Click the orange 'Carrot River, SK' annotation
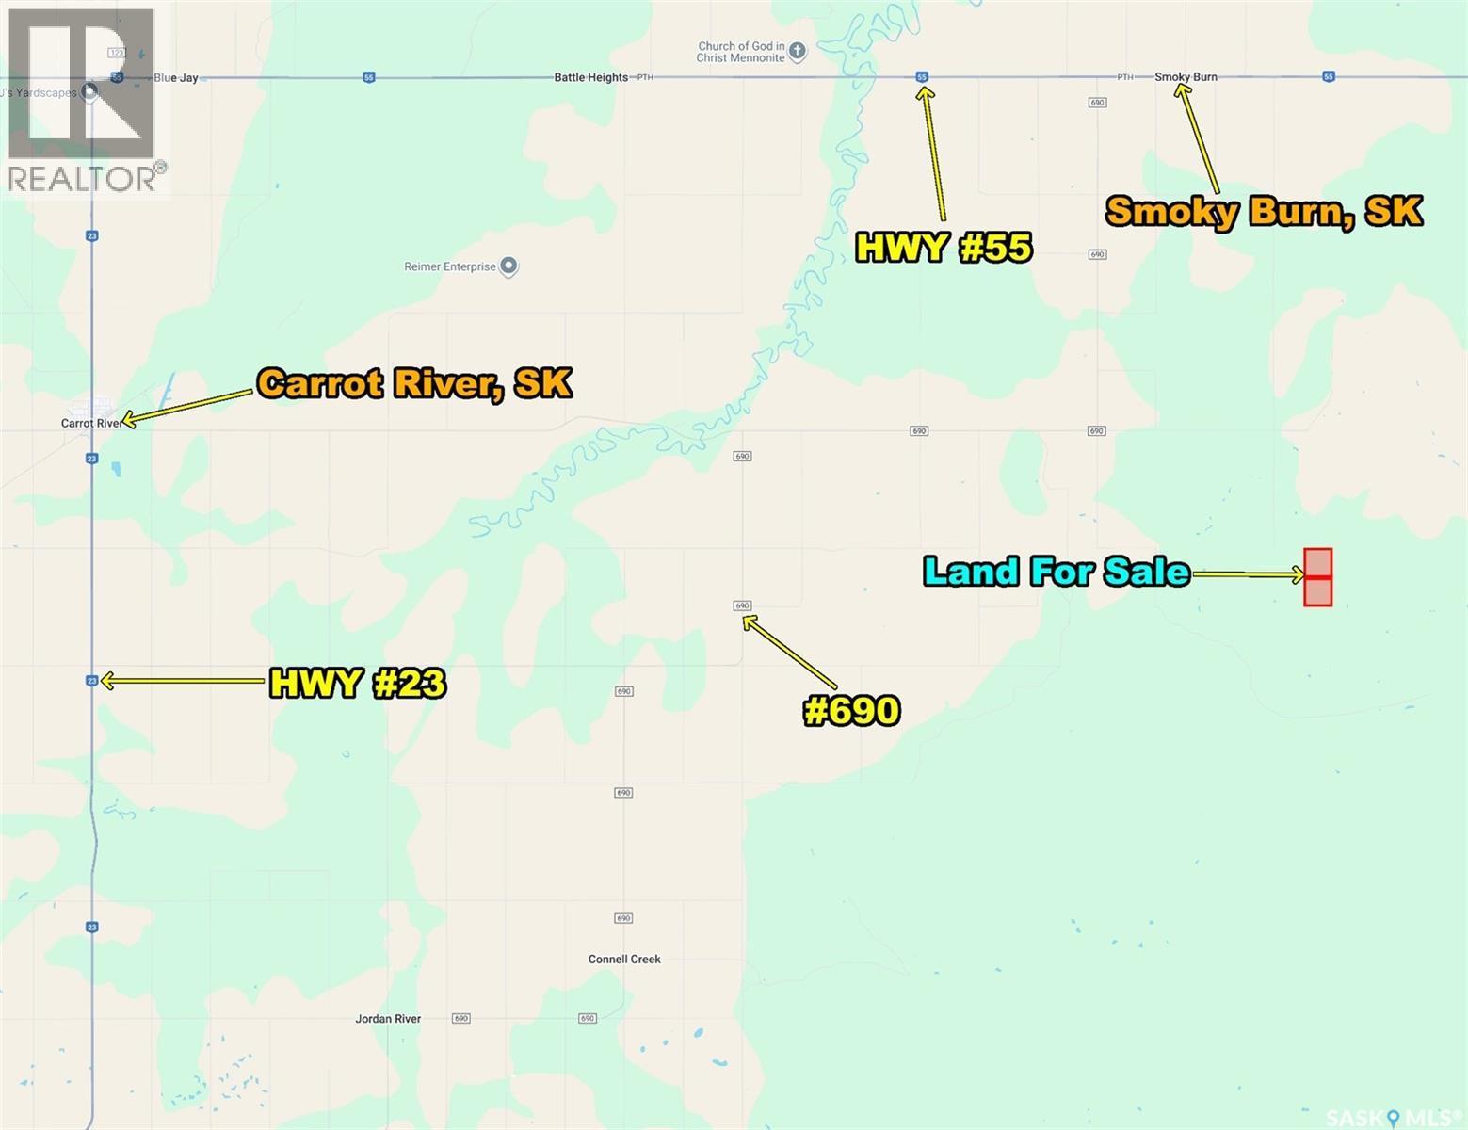click(414, 383)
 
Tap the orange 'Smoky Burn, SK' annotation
click(1264, 211)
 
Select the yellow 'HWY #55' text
click(944, 247)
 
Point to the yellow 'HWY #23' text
click(357, 683)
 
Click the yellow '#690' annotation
click(851, 710)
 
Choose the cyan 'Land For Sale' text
click(1056, 572)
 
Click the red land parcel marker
click(1317, 577)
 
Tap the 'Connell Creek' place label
click(624, 960)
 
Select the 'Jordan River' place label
click(388, 1019)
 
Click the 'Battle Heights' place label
click(590, 77)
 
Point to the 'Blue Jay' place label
click(176, 78)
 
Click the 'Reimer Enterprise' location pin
click(508, 266)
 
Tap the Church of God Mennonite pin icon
click(798, 51)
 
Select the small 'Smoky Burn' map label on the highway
click(1186, 77)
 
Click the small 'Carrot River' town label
click(90, 424)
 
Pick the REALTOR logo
click(83, 99)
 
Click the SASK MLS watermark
click(1394, 1118)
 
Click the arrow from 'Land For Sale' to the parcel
click(1248, 573)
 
